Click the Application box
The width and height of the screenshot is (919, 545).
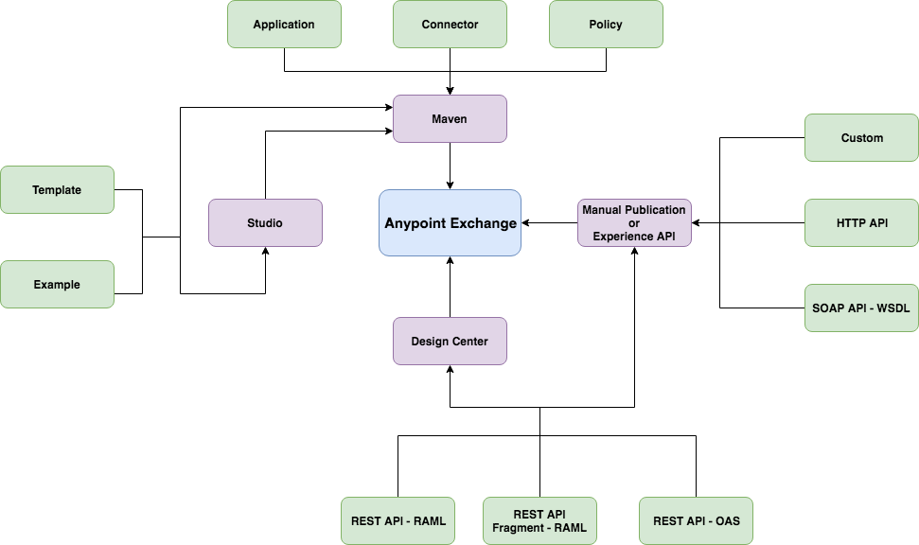[284, 25]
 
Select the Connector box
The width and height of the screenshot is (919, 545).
[450, 25]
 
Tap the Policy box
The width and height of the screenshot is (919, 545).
[606, 25]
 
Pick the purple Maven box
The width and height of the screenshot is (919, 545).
[450, 119]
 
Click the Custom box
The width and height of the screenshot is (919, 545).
[861, 138]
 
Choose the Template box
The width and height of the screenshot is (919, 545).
[57, 190]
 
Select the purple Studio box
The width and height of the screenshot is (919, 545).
[265, 223]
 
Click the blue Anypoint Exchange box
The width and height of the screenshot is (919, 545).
[450, 223]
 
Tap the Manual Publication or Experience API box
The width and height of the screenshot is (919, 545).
[634, 223]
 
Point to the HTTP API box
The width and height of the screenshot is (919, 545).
[861, 223]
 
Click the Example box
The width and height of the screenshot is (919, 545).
[57, 285]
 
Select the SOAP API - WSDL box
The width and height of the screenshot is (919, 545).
[861, 308]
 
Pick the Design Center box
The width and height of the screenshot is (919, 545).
[450, 342]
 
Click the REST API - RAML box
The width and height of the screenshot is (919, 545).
[398, 521]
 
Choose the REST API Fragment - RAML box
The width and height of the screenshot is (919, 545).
[539, 521]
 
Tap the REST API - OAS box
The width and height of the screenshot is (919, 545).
[696, 521]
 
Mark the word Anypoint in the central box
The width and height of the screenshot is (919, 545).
[415, 224]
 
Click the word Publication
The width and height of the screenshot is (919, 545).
[654, 210]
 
